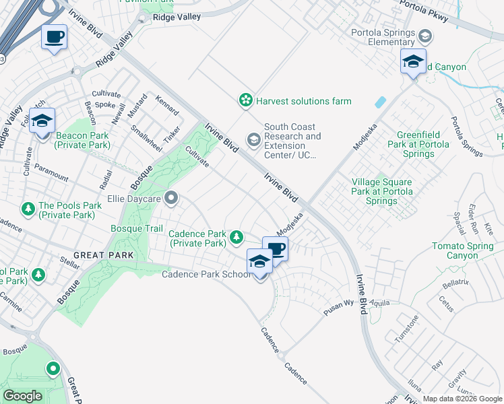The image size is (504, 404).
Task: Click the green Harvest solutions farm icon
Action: point(246,101)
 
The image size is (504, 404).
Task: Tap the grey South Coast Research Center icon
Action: point(254,140)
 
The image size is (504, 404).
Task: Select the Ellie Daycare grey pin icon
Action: point(172,199)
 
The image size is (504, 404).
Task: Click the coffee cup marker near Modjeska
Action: point(275,249)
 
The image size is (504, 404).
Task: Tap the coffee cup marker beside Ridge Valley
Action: point(54,37)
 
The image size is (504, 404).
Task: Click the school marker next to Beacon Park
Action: point(42,121)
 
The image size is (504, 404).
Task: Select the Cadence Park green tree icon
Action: point(237,236)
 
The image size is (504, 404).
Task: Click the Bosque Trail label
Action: point(137,229)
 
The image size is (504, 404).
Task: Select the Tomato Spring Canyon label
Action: point(464,251)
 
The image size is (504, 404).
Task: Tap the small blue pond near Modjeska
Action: point(381,102)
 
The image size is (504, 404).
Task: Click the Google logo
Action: point(22,396)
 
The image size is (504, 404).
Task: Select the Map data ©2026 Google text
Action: point(462,399)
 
